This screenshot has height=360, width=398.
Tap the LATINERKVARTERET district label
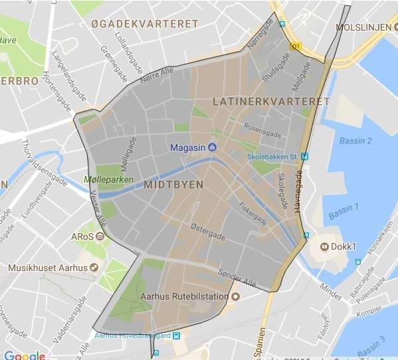tap(271, 102)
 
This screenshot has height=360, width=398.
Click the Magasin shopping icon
tap(212, 147)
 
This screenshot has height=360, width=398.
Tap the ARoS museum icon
tap(100, 236)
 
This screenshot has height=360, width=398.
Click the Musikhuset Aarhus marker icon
tap(94, 268)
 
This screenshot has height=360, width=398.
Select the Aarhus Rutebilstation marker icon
tap(235, 295)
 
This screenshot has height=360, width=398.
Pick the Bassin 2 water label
tap(355, 141)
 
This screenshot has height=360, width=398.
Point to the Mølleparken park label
tap(108, 179)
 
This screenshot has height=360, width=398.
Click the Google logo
tap(24, 355)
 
